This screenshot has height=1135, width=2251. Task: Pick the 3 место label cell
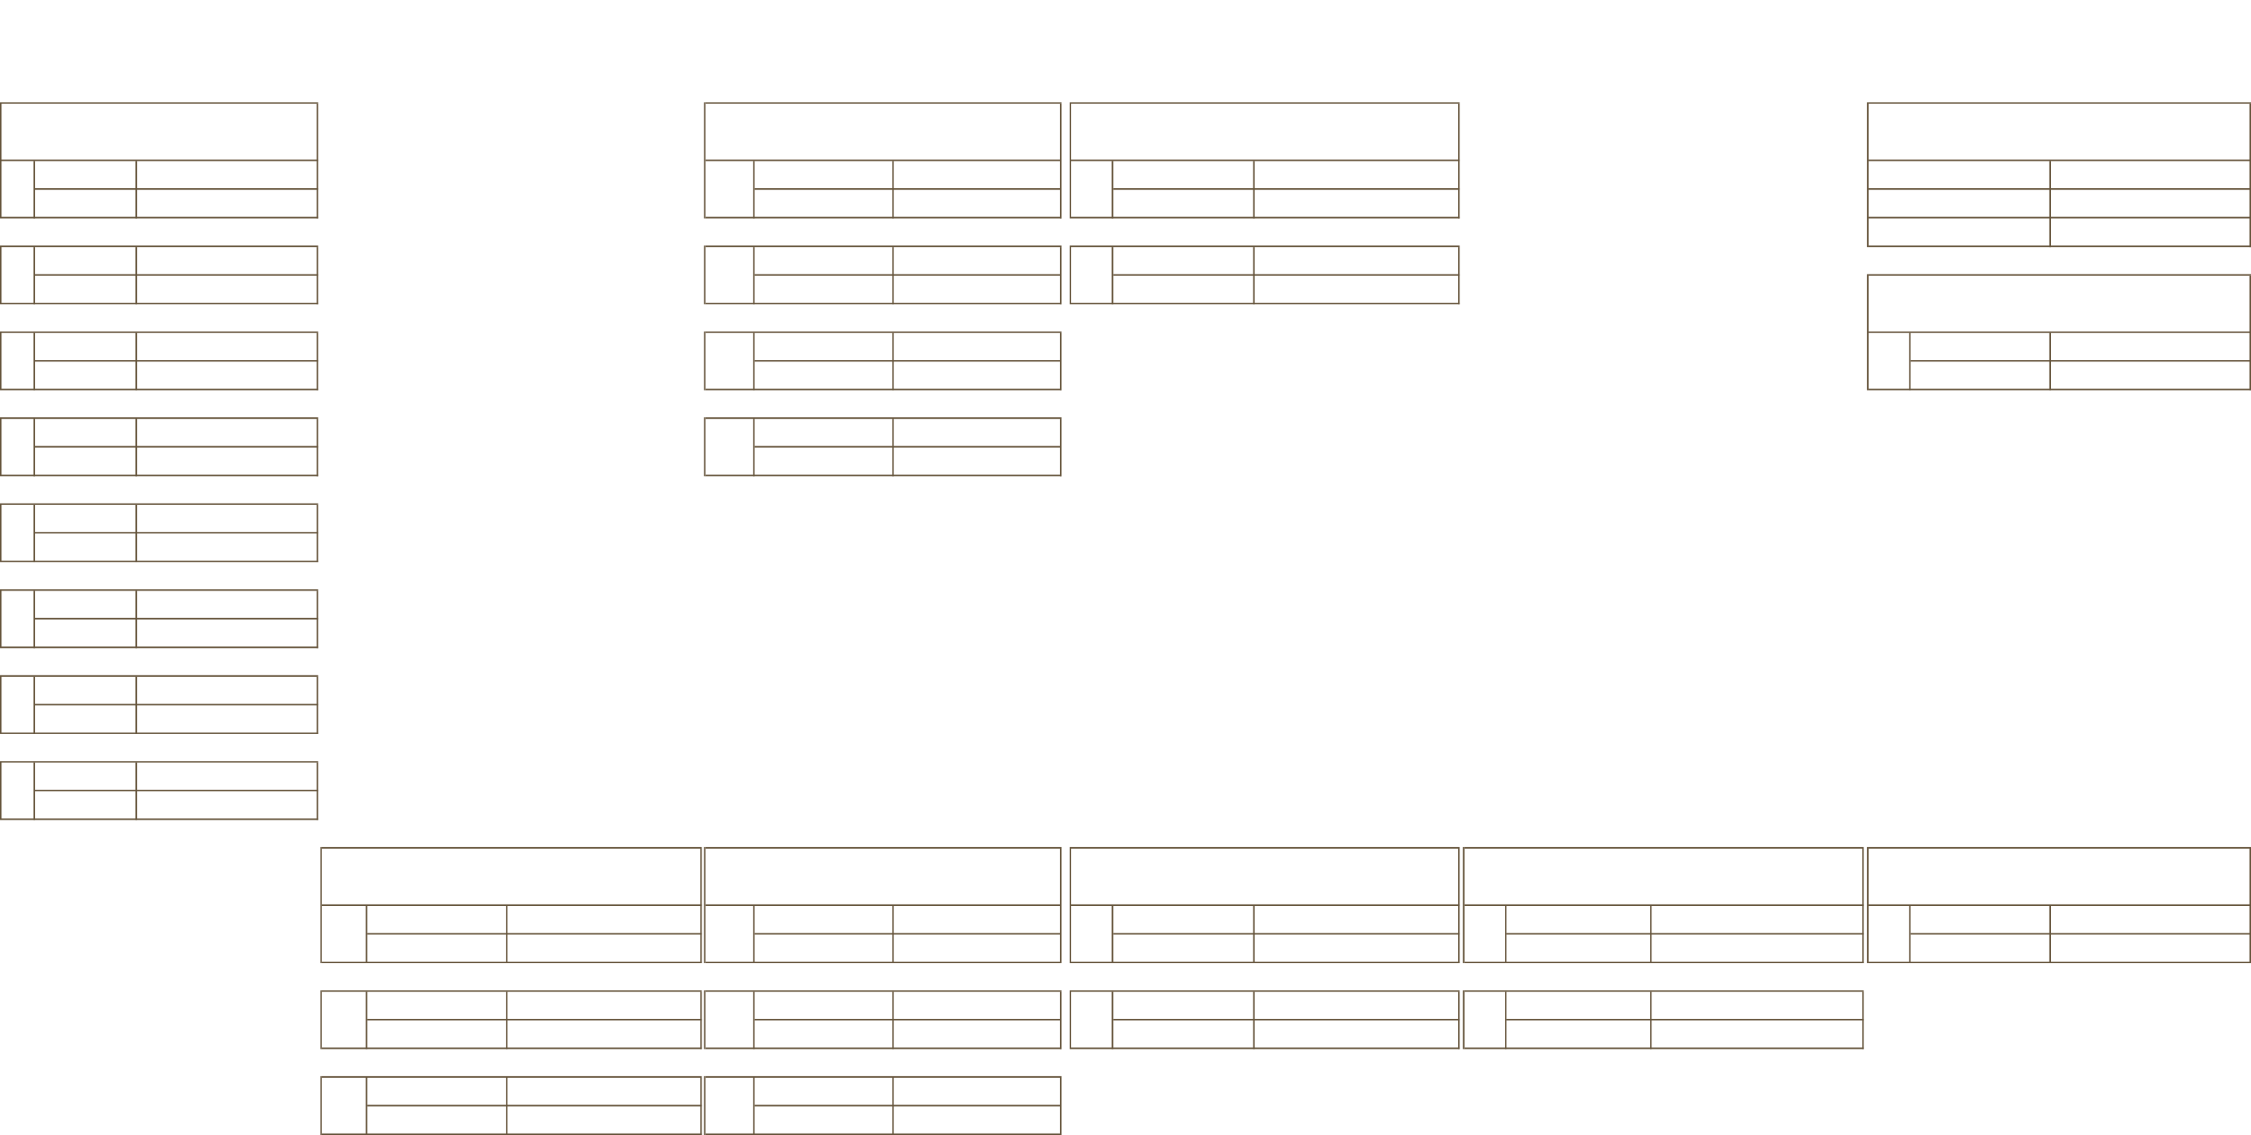click(1957, 232)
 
